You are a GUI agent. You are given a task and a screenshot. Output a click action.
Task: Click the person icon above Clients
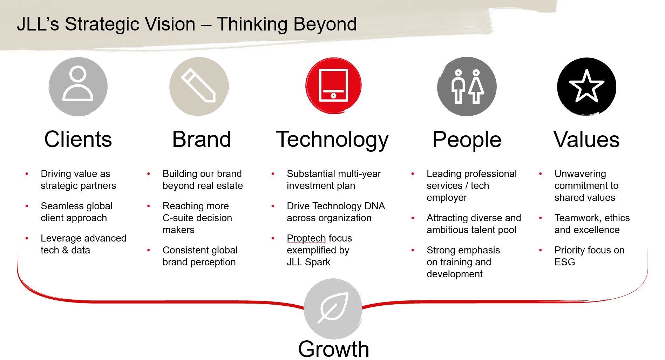point(78,84)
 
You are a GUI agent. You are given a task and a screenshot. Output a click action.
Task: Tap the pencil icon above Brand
point(198,86)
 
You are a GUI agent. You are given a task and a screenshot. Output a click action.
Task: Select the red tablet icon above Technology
point(333,85)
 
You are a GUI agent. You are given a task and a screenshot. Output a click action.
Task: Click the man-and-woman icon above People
point(467,86)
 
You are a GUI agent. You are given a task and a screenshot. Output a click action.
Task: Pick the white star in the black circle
point(586,86)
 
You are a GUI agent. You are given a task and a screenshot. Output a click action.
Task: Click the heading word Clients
point(78,139)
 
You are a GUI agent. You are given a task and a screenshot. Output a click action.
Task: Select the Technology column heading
point(332,140)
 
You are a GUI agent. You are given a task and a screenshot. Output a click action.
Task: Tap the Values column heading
point(586,140)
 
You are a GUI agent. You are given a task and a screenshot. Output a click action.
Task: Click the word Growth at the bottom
point(333,349)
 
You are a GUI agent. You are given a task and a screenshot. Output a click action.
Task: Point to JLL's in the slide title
point(38,24)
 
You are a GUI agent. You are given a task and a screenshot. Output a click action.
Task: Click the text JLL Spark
point(308,262)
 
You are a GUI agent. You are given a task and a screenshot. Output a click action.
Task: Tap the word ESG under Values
point(564,262)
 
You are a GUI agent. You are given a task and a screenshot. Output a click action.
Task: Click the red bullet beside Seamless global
point(27,206)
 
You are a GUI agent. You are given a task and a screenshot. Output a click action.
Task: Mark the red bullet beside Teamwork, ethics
point(540,218)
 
